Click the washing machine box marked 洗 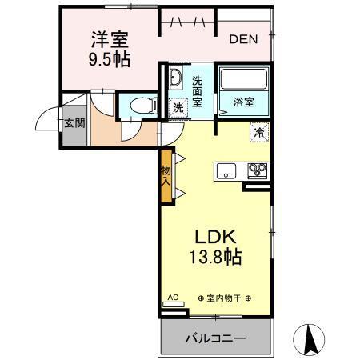click(x=178, y=107)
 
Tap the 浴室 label click(x=244, y=102)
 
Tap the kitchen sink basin click(x=226, y=170)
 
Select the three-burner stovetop click(x=258, y=170)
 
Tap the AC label click(x=171, y=297)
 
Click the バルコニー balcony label click(x=216, y=338)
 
